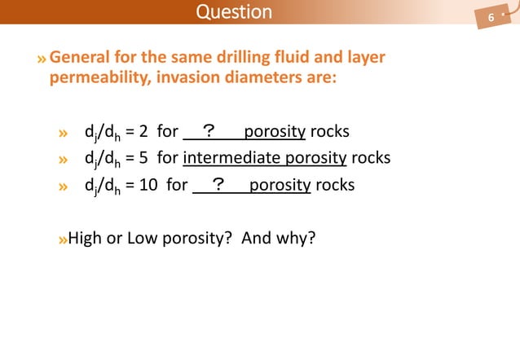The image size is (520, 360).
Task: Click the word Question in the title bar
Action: [235, 11]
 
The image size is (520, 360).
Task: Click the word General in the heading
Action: [79, 59]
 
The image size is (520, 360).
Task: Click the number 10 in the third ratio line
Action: [148, 184]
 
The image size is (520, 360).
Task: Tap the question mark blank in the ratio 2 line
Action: [208, 131]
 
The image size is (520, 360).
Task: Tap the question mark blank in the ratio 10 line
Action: [218, 184]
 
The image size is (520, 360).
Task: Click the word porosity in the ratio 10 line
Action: [280, 184]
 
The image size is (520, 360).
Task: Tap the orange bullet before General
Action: [42, 59]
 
